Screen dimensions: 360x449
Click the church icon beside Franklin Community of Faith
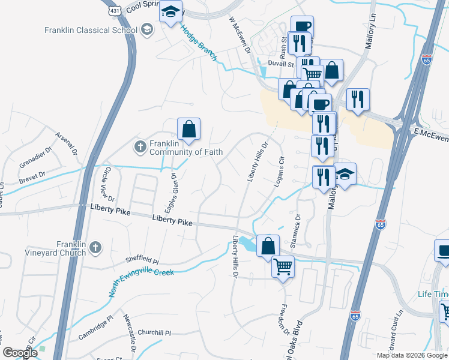(140, 146)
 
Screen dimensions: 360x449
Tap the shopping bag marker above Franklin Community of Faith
(188, 129)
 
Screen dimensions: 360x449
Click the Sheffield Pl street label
(142, 261)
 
